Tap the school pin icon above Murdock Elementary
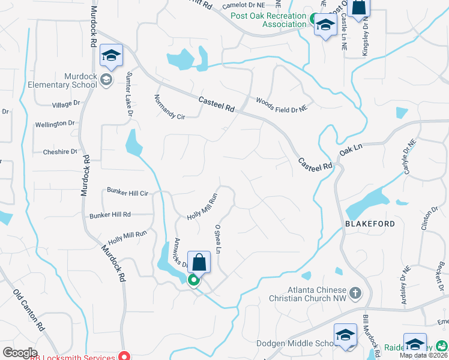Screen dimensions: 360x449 pos(111,55)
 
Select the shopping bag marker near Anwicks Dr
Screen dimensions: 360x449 pos(199,262)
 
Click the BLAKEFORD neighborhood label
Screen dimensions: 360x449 pos(370,224)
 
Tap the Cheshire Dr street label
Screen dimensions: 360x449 pos(60,152)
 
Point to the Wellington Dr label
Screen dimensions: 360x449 pos(55,124)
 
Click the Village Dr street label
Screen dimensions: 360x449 pos(66,104)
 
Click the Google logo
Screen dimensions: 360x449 pos(20,352)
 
